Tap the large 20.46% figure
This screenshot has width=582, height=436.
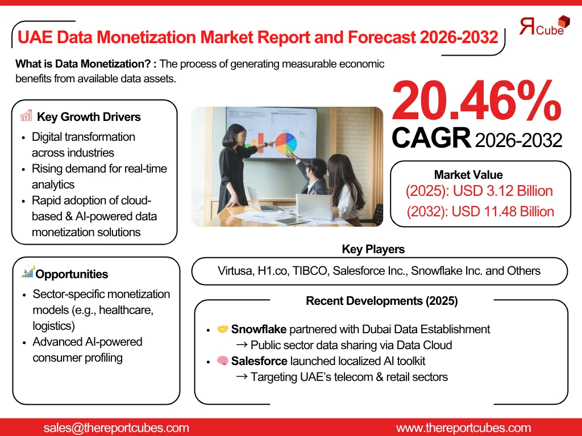476,101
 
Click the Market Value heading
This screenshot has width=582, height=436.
468,175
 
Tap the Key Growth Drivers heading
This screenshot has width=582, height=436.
89,118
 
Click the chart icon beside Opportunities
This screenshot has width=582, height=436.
28,272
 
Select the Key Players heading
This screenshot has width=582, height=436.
373,249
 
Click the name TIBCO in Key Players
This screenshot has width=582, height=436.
310,271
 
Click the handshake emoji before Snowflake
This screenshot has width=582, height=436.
223,329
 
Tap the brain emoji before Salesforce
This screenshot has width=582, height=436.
223,361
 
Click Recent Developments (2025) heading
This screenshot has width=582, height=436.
382,301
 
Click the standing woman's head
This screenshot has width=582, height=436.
235,135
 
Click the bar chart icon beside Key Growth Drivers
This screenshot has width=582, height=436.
26,116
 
